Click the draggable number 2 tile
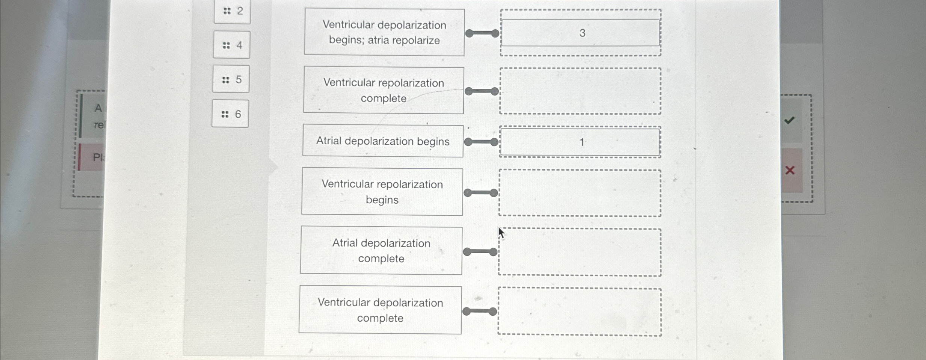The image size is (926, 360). click(x=233, y=11)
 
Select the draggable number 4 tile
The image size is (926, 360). click(x=232, y=45)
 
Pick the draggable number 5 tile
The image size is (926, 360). click(x=231, y=79)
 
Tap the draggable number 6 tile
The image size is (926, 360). click(x=230, y=114)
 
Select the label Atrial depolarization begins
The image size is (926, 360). click(x=383, y=141)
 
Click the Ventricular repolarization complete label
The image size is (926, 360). click(x=384, y=91)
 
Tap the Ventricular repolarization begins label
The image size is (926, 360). click(x=382, y=192)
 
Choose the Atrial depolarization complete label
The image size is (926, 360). click(x=381, y=251)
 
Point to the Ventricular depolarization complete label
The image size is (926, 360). click(x=380, y=310)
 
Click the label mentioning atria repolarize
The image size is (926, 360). click(x=384, y=33)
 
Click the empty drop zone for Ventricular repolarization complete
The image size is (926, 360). click(x=580, y=91)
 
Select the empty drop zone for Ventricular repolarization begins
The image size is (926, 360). click(x=580, y=193)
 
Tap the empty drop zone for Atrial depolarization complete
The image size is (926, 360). click(x=580, y=252)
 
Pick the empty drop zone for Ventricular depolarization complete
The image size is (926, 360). click(x=580, y=312)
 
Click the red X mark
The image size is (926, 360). click(x=790, y=170)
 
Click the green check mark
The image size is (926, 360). click(x=789, y=120)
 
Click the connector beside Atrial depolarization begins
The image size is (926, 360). click(x=481, y=142)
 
